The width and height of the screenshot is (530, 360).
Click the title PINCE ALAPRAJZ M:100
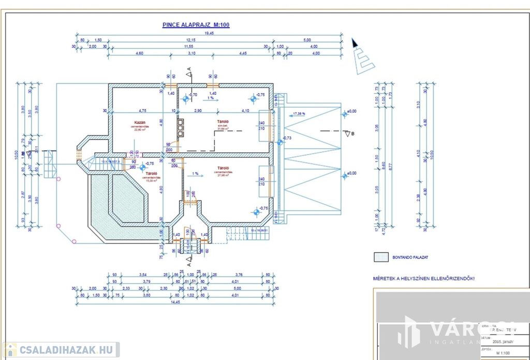(196, 24)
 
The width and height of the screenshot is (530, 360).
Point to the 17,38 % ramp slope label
(299, 113)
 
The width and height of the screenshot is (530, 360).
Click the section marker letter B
(353, 133)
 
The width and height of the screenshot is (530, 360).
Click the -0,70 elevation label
(193, 95)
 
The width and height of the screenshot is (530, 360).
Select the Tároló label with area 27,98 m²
(224, 168)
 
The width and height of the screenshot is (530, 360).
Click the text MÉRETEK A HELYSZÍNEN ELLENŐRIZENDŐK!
(423, 278)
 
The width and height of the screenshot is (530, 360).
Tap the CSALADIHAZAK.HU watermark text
(66, 350)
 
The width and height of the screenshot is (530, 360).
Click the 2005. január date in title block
(498, 342)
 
